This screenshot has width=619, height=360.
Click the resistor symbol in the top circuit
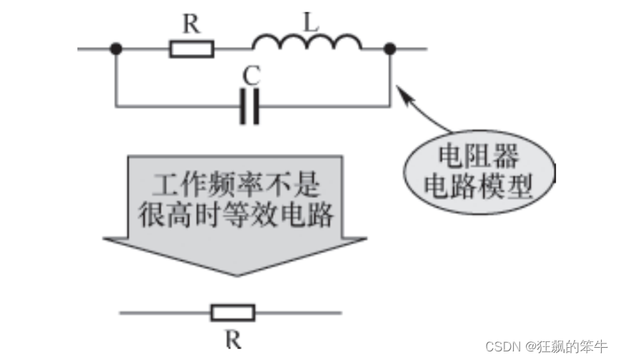click(x=192, y=49)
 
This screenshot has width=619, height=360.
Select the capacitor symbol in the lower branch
click(x=249, y=107)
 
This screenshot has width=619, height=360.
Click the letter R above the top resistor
click(x=190, y=24)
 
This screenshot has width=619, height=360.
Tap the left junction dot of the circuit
click(x=115, y=49)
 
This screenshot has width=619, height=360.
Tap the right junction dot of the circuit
click(x=390, y=49)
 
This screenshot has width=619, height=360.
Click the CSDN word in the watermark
click(x=501, y=346)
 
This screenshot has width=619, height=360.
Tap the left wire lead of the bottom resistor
click(x=165, y=313)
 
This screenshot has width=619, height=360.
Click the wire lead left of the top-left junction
click(x=94, y=49)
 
